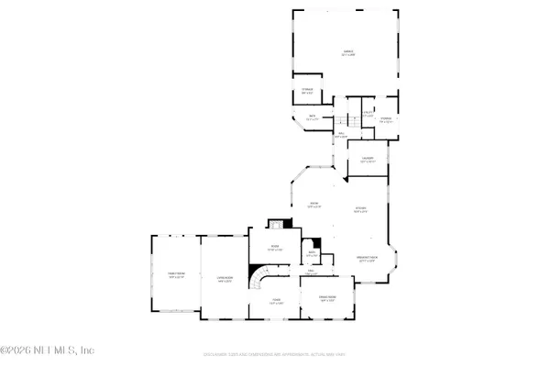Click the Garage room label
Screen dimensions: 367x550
(348, 54)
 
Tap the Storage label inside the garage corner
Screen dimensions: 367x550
(309, 90)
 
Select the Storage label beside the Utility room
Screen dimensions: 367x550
(387, 119)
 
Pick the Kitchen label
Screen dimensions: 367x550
(361, 210)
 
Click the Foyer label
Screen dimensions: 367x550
(275, 301)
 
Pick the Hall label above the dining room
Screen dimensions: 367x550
(312, 272)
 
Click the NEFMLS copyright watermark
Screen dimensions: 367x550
(48, 350)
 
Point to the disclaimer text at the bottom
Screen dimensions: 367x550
(275, 354)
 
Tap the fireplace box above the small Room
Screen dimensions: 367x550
(273, 225)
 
